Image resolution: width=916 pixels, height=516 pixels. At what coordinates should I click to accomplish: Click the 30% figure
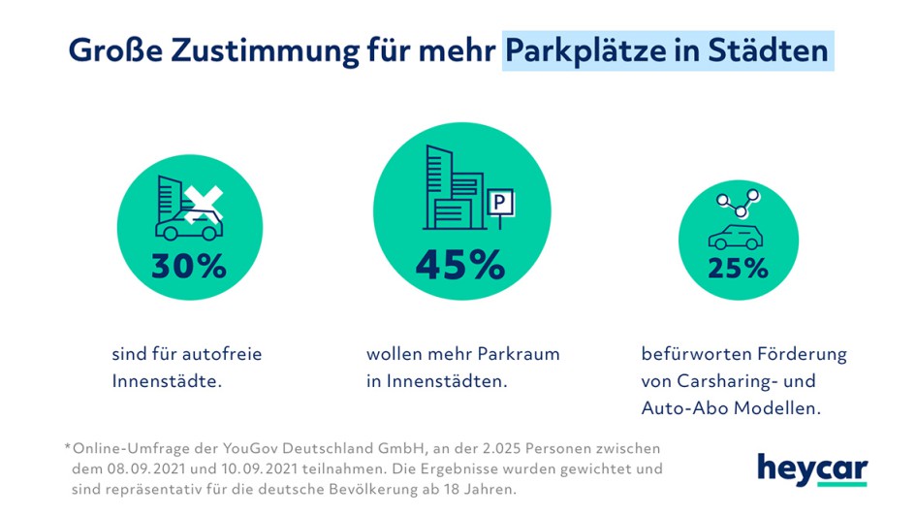[188, 266]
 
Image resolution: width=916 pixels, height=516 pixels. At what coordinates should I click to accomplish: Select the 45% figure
[459, 265]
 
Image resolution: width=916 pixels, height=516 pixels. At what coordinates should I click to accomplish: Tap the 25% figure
[737, 269]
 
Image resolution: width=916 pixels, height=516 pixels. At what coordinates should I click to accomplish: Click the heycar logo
[812, 468]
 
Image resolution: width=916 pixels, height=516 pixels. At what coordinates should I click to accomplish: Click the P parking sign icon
[500, 203]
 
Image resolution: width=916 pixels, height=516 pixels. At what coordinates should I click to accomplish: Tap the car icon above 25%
[736, 237]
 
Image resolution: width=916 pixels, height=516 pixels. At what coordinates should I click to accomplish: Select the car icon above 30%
[187, 229]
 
